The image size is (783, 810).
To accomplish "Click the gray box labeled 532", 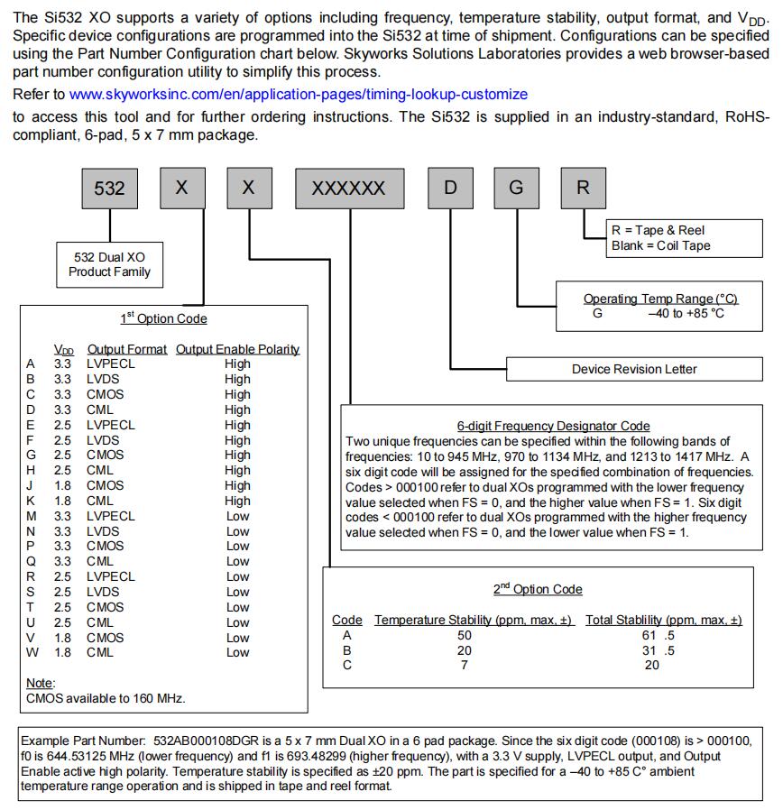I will pos(110,188).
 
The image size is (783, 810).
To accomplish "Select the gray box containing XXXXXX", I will pos(348,188).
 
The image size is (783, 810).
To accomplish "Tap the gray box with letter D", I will pos(450,188).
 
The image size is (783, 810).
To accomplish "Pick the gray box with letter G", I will pos(516,188).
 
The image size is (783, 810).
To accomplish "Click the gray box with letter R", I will pos(583,188).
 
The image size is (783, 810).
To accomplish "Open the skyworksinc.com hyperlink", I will pos(298,94).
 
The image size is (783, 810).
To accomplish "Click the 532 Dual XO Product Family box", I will pos(110,264).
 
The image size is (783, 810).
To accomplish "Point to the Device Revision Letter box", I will pos(634,369).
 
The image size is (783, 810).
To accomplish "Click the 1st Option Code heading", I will pos(163,318).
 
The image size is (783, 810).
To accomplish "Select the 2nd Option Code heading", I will pos(538,589).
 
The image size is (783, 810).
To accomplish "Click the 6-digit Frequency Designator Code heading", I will pos(553,426).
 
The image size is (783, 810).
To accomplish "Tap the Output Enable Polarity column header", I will pos(237,349).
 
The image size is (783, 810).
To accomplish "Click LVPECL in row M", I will pos(111,516).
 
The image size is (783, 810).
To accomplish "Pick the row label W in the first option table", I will pos(32,652).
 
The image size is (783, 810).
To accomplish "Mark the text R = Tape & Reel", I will pos(658,230).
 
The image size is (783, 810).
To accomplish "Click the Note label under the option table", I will pos(41,683).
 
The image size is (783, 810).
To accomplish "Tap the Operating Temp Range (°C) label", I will pos(660,299).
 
